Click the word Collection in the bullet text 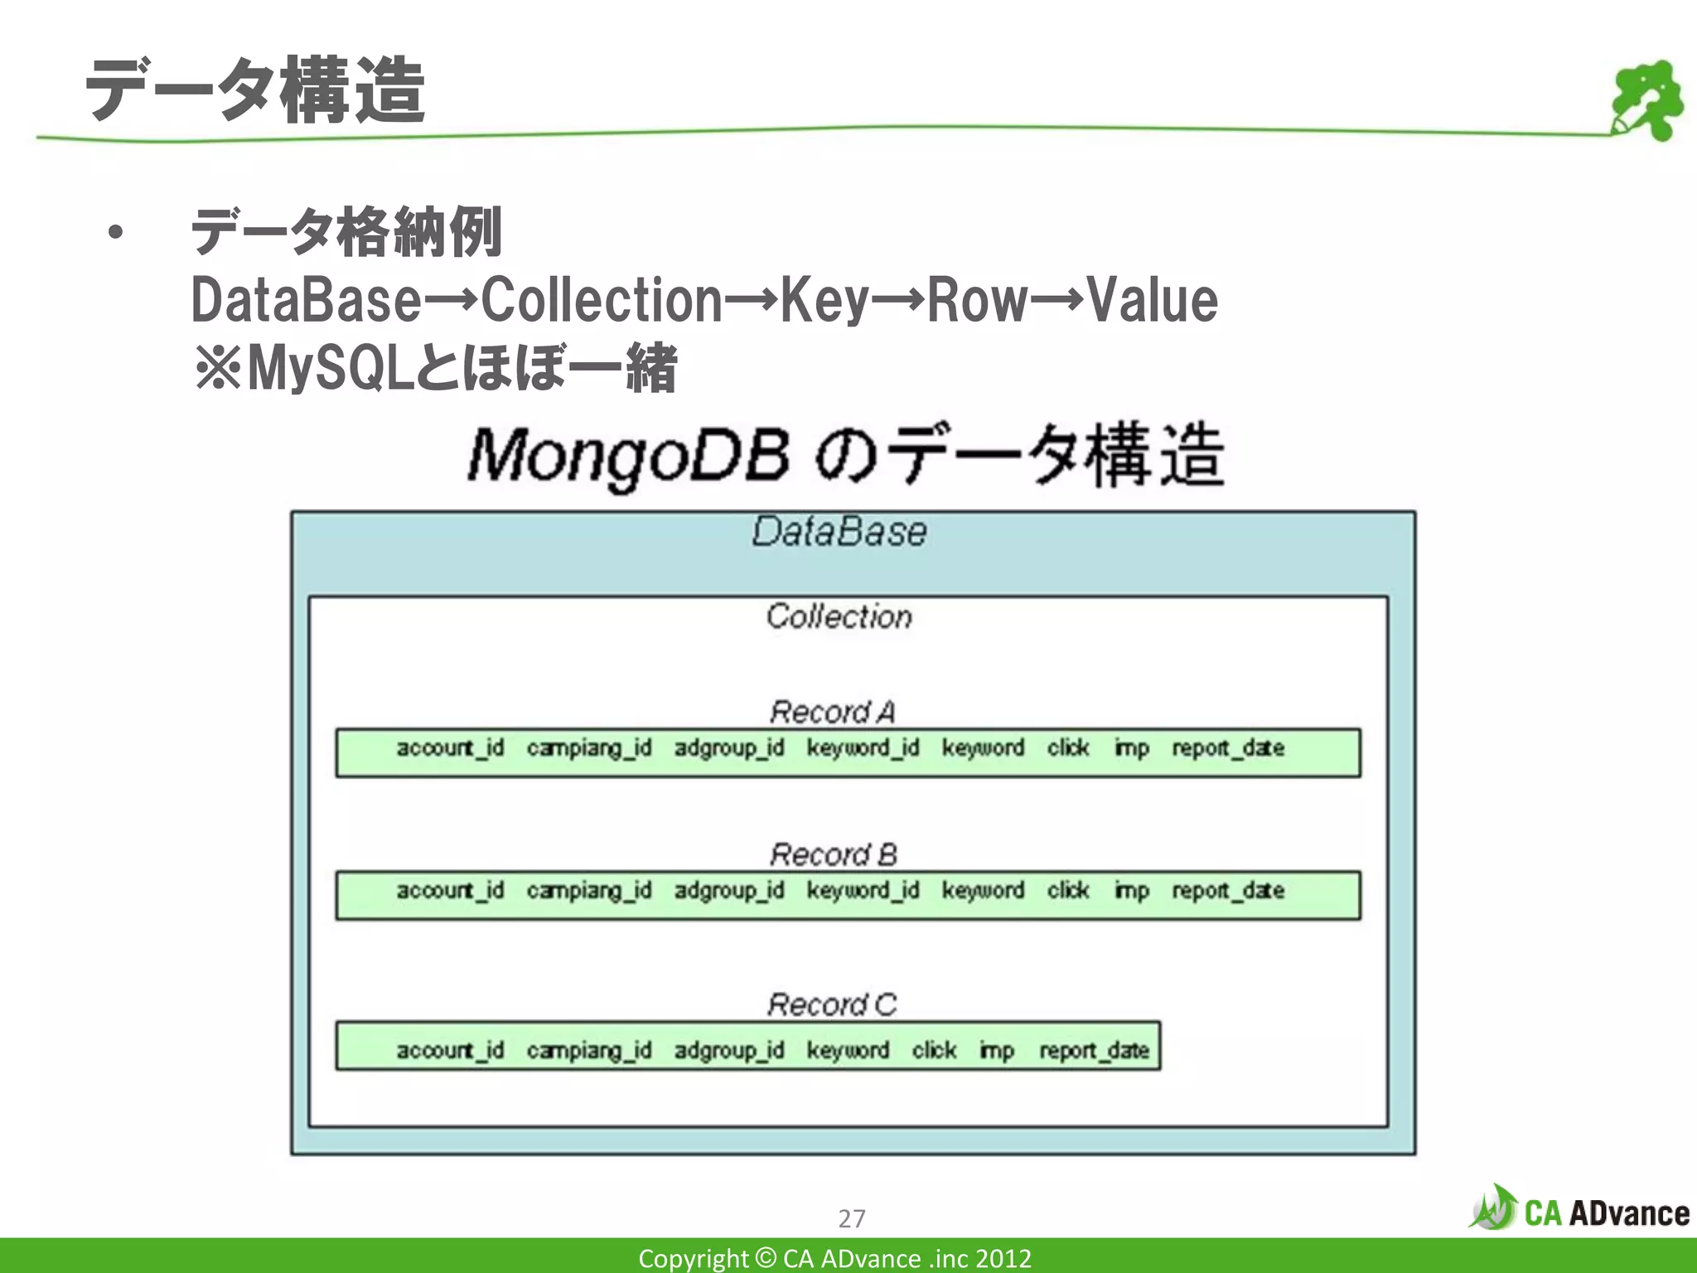point(602,300)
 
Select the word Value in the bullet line point(1152,300)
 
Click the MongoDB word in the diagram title point(628,456)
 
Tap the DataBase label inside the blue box point(839,532)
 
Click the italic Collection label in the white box point(839,617)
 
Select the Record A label point(832,712)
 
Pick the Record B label point(833,854)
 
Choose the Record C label point(832,1004)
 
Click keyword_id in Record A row point(863,748)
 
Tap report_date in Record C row point(1094,1051)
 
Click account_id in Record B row point(450,891)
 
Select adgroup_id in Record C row point(728,1051)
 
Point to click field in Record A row point(1067,748)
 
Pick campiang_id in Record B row point(589,891)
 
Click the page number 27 point(851,1218)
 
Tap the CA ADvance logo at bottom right point(1579,1211)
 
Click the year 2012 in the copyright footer point(1003,1258)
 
